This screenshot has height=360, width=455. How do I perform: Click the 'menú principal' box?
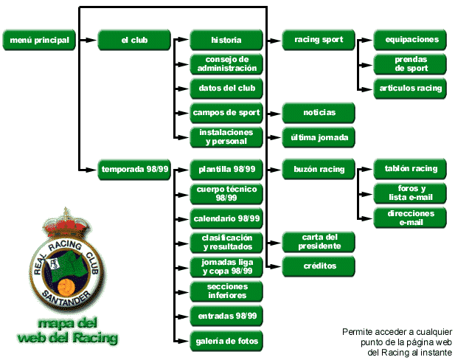pos(39,40)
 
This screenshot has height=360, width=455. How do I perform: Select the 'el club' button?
pos(134,40)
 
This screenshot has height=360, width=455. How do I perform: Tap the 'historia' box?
pos(226,40)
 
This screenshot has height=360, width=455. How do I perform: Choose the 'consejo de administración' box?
pos(226,63)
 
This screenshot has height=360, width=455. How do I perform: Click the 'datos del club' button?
pos(226,88)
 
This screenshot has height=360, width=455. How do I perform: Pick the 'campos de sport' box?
pos(226,112)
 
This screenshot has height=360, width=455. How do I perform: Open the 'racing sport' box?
pos(319,40)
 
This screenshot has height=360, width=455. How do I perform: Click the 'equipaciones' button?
pos(411,40)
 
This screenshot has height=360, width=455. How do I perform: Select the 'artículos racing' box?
pos(411,88)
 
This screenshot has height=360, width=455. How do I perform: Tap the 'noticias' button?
pos(319,112)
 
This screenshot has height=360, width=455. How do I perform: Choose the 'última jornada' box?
pos(319,136)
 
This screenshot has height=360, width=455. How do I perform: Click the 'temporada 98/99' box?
pos(134,169)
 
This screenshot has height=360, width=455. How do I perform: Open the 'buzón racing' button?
pos(319,169)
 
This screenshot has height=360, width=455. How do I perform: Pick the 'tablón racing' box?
pos(411,168)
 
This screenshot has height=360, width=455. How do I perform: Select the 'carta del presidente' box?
pos(319,241)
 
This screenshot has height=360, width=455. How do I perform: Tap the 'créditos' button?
pos(319,265)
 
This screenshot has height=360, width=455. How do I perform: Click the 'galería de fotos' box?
pos(226,340)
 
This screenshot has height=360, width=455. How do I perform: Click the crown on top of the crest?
pos(68,219)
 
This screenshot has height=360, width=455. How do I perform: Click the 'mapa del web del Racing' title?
pos(67,331)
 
